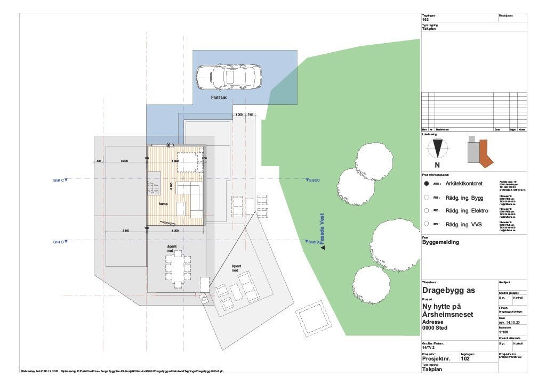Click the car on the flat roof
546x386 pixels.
pos(228,77)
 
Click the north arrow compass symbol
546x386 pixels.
pos(437,148)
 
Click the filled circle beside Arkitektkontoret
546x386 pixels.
pos(426,184)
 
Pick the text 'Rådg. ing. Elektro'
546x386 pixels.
pos(467,211)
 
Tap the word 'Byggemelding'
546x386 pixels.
pos(440,242)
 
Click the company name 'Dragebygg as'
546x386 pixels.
pos(448,291)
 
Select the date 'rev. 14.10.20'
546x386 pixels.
pos(510,323)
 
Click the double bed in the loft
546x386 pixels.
pos(188,161)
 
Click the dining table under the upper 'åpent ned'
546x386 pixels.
pos(178,270)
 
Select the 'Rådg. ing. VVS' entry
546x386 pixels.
pos(463,225)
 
